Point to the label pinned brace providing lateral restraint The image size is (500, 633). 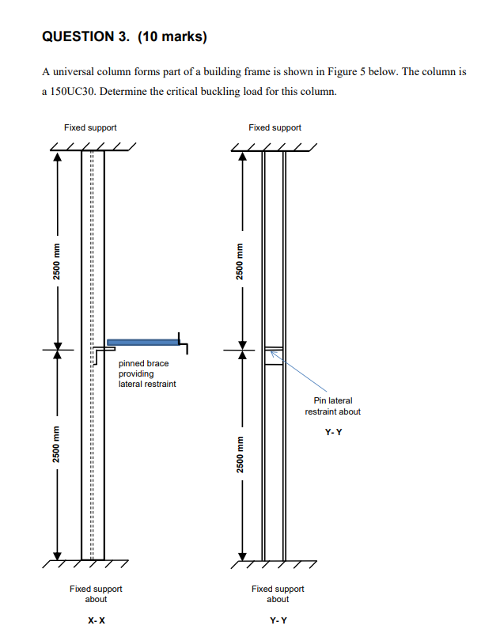pyautogui.click(x=147, y=373)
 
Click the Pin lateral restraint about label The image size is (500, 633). pyautogui.click(x=332, y=406)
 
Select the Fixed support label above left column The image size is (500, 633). pyautogui.click(x=91, y=127)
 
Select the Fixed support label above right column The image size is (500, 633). pyautogui.click(x=275, y=127)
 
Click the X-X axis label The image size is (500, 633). pyautogui.click(x=95, y=620)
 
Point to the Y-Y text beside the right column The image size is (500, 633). pyautogui.click(x=333, y=432)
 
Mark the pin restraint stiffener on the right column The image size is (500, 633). pyautogui.click(x=273, y=354)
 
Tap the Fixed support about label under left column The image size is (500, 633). pyautogui.click(x=96, y=594)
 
